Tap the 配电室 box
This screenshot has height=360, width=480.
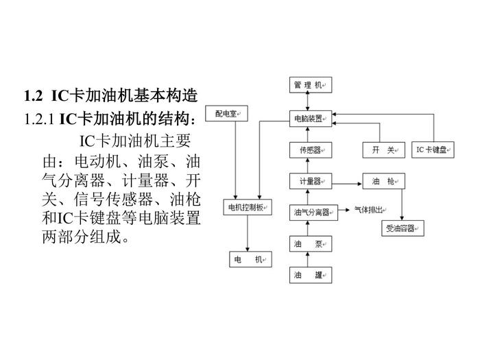click(230, 114)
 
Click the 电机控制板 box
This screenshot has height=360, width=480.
click(248, 207)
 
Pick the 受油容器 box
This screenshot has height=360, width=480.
click(402, 228)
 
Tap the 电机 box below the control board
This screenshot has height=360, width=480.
click(248, 260)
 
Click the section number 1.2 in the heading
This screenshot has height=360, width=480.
click(33, 95)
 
